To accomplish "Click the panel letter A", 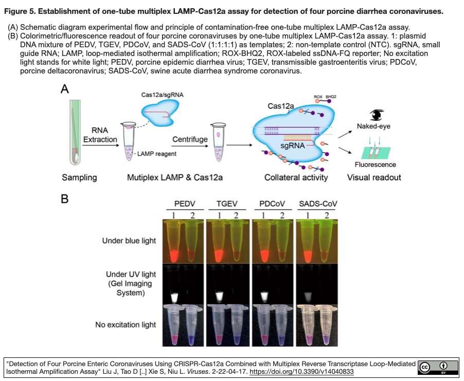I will (65, 89).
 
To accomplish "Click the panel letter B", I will (65, 198).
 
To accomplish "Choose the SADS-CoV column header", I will (318, 204).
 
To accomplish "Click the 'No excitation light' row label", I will (126, 325).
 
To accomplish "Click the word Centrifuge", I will (190, 140).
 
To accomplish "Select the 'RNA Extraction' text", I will (100, 135).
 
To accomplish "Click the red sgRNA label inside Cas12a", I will (293, 146).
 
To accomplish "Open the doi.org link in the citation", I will (301, 371).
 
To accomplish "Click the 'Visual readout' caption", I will (374, 178).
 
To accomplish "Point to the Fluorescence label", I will (375, 165).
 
